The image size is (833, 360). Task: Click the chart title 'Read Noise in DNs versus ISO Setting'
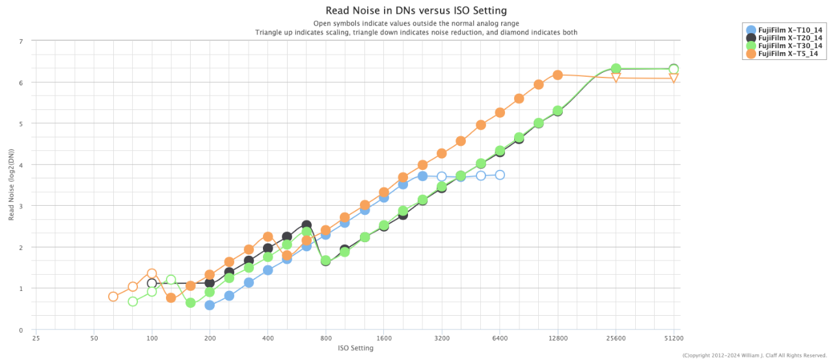pyautogui.click(x=416, y=10)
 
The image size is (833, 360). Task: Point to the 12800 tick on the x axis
pyautogui.click(x=558, y=339)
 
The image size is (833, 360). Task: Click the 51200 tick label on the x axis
pyautogui.click(x=674, y=339)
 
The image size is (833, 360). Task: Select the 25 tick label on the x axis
pyautogui.click(x=36, y=339)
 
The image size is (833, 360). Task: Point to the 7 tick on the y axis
pyautogui.click(x=21, y=41)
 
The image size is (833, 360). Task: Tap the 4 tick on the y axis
pyautogui.click(x=21, y=165)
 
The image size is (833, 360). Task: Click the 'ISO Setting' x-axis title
pyautogui.click(x=355, y=348)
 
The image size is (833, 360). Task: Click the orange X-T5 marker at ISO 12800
pyautogui.click(x=558, y=75)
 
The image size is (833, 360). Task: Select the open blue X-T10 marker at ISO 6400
pyautogui.click(x=500, y=174)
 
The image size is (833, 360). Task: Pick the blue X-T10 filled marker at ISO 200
pyautogui.click(x=210, y=305)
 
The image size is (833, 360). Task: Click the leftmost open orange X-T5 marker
pyautogui.click(x=113, y=296)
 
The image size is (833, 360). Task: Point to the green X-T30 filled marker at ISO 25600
pyautogui.click(x=616, y=68)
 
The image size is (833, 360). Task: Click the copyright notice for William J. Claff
pyautogui.click(x=754, y=355)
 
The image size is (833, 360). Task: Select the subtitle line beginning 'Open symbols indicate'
pyautogui.click(x=416, y=23)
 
